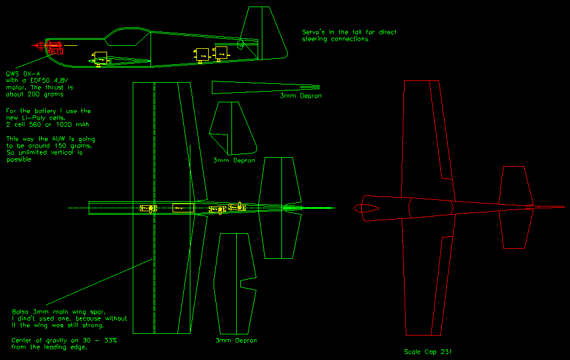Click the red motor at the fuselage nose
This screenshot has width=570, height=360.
54,47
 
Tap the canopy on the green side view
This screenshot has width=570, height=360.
127,37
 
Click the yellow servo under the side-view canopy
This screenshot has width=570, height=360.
100,58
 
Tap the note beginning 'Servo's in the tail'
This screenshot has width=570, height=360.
349,32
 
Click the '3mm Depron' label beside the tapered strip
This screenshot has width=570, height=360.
301,95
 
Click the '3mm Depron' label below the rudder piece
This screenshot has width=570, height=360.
234,161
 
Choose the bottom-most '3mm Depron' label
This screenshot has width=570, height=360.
236,340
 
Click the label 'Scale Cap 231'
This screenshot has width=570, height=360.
427,352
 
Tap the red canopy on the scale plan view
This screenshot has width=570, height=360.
367,208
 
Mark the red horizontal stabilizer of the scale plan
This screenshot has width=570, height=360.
515,207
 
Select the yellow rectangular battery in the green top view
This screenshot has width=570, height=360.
183,208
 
